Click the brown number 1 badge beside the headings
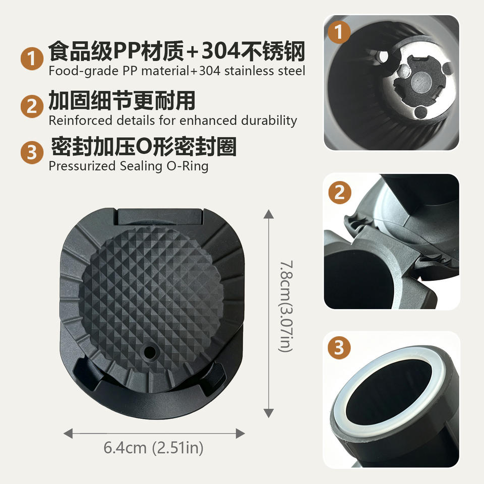(32, 58)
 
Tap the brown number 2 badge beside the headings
(32, 106)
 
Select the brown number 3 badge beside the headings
(32, 152)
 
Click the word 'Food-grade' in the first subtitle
(83, 71)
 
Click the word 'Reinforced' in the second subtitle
(80, 120)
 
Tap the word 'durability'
(269, 120)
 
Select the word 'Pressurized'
(82, 166)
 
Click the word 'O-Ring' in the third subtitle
(188, 166)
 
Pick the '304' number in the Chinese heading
(221, 51)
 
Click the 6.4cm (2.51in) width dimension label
(153, 448)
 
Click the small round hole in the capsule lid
(150, 351)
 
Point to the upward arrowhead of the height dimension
(269, 214)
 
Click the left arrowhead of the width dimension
(68, 433)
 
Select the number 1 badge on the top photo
(339, 32)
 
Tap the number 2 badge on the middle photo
(339, 192)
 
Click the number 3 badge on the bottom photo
(339, 347)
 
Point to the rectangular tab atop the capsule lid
(160, 216)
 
